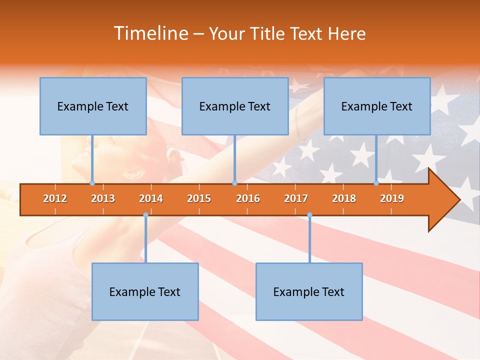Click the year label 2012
click(55, 198)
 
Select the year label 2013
click(103, 198)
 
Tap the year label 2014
click(151, 198)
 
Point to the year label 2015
click(199, 198)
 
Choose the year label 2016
click(248, 198)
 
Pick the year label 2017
click(296, 198)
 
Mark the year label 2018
click(344, 198)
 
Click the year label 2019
click(392, 198)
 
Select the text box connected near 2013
click(93, 106)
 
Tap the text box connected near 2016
click(235, 106)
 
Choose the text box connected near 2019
click(377, 106)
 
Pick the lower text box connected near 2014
click(145, 291)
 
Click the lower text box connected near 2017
click(309, 291)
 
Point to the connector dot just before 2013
click(92, 183)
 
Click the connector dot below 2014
click(145, 215)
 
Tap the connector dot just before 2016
click(234, 183)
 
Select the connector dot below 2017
click(309, 215)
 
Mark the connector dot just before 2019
click(376, 183)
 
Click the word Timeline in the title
click(150, 33)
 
